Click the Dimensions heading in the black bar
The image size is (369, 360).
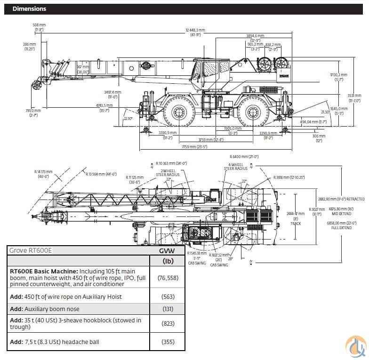pos(29,9)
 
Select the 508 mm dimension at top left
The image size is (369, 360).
pos(39,27)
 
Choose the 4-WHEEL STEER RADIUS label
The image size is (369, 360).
pos(235,166)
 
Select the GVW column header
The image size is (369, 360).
pos(167,250)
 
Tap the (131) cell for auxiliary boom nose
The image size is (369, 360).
pos(167,309)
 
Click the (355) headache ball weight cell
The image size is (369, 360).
pos(167,342)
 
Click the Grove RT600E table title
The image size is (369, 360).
pos(31,250)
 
